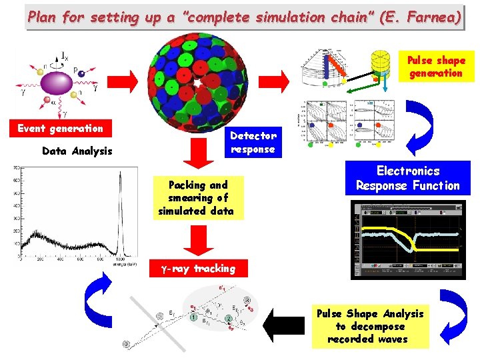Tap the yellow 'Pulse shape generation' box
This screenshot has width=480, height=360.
point(436,67)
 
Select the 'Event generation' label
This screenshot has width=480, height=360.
point(60,129)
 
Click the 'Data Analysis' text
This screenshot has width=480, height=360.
point(77,151)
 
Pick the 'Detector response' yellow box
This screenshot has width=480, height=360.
point(253,142)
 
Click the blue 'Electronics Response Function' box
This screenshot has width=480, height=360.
point(407,178)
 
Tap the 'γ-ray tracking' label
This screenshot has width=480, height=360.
point(198,269)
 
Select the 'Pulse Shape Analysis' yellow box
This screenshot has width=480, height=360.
point(369,326)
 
